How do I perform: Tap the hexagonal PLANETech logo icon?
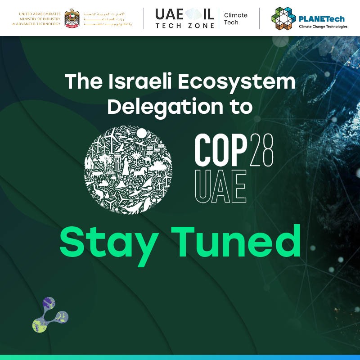[x=283, y=18]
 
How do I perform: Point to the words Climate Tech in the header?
[x=235, y=18]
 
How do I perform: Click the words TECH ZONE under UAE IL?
[x=184, y=26]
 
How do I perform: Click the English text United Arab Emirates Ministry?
[x=39, y=18]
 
